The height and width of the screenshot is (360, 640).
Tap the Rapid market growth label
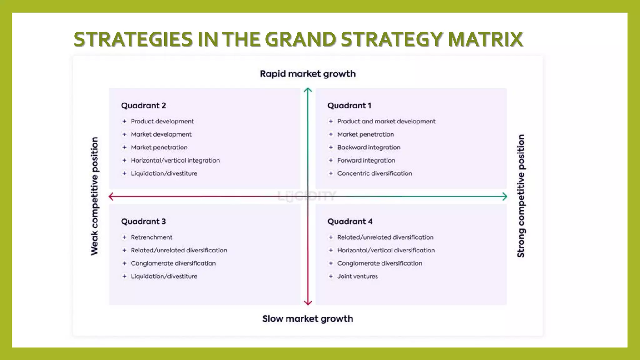(x=308, y=74)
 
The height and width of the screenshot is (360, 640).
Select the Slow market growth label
(x=308, y=319)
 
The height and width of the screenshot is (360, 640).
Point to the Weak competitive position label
(x=94, y=196)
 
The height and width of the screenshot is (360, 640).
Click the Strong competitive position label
(x=521, y=196)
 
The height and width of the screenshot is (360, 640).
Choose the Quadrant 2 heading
(x=143, y=106)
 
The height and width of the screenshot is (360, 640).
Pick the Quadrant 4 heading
(x=350, y=222)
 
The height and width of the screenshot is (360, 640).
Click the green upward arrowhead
(x=308, y=90)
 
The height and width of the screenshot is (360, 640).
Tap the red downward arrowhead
(x=308, y=302)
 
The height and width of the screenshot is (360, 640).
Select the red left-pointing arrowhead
(x=111, y=197)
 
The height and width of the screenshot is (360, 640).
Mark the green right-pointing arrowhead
(x=504, y=197)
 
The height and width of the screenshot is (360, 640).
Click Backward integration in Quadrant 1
(x=369, y=147)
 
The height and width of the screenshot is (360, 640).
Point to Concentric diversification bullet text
(x=375, y=173)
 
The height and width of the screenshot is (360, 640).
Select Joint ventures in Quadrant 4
(x=357, y=277)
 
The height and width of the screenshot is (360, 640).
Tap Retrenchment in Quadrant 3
(x=152, y=237)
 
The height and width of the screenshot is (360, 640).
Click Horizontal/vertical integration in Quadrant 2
(x=175, y=160)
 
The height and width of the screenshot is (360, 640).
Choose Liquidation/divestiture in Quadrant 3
(x=164, y=277)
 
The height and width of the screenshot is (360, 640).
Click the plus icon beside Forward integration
(x=331, y=160)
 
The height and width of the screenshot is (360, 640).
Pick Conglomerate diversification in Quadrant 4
(x=380, y=263)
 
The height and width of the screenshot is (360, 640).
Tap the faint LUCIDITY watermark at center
(x=307, y=196)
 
